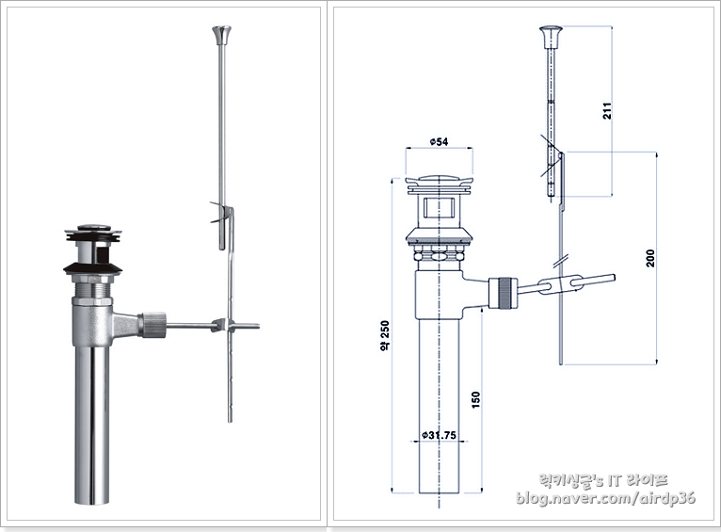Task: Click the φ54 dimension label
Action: (440, 141)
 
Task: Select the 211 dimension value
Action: (607, 111)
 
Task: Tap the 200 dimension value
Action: (650, 258)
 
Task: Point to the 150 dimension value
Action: (476, 399)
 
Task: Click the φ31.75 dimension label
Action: (440, 434)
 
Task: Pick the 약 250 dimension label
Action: (384, 335)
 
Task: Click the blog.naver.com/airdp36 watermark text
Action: (605, 497)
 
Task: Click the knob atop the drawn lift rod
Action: (551, 37)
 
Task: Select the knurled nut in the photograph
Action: (153, 325)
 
